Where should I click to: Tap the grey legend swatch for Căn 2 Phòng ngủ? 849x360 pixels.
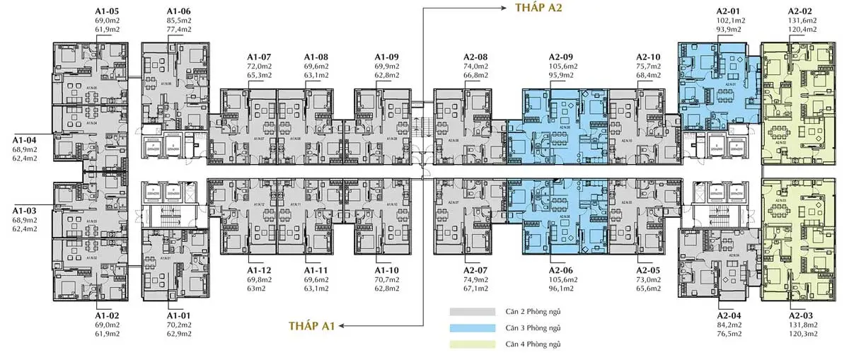[x=471, y=311]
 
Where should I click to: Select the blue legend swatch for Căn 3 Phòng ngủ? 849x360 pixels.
[x=471, y=327]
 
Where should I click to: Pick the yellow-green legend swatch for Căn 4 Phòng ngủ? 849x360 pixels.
[x=471, y=344]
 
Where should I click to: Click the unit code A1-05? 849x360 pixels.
[x=108, y=11]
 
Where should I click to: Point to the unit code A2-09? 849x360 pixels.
[x=561, y=57]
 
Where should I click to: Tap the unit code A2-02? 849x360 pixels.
[x=802, y=11]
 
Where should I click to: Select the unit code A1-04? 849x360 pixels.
[x=25, y=140]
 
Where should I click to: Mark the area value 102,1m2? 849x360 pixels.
[x=730, y=21]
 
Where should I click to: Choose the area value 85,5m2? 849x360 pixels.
[x=179, y=21]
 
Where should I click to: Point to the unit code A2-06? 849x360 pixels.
[x=561, y=270]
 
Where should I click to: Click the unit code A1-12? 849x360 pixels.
[x=259, y=270]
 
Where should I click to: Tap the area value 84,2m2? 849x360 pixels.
[x=730, y=325]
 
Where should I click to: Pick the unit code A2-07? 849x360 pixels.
[x=476, y=270]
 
